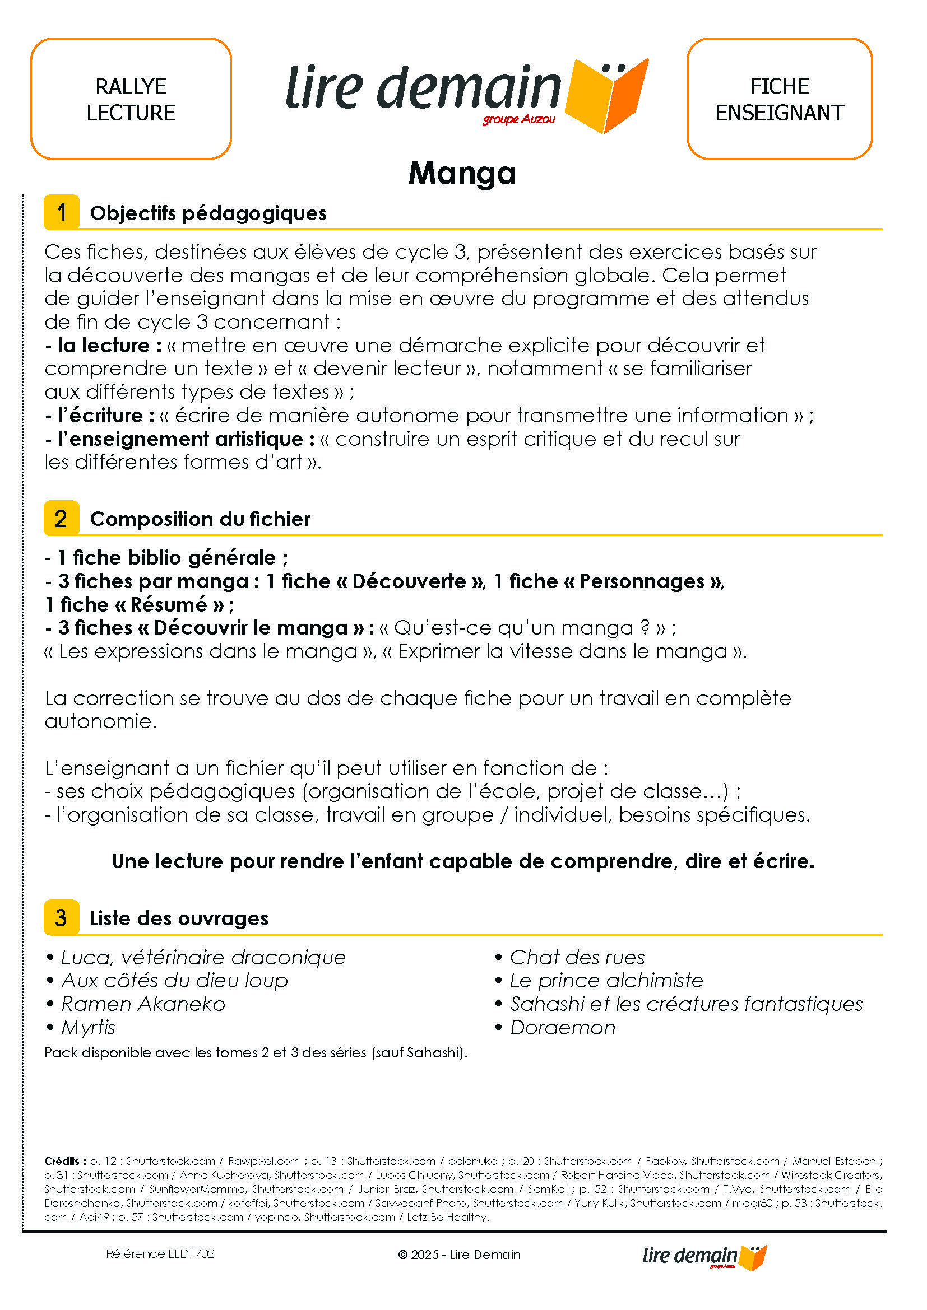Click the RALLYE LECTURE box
[x=131, y=99]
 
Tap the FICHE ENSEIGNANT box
[x=779, y=99]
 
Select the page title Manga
[x=462, y=173]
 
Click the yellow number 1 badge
[x=62, y=212]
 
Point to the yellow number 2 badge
[x=62, y=518]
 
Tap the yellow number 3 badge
[x=62, y=917]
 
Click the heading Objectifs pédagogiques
[x=208, y=213]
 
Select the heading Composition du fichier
[x=200, y=519]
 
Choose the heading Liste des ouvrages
[x=179, y=919]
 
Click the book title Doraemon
[x=562, y=1028]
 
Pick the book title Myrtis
[x=88, y=1028]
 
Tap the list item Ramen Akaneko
[x=143, y=1004]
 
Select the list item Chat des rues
[x=577, y=957]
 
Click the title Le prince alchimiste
[x=606, y=981]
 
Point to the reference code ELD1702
[x=160, y=1254]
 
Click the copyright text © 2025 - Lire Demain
[x=460, y=1255]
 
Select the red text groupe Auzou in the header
[x=519, y=120]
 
